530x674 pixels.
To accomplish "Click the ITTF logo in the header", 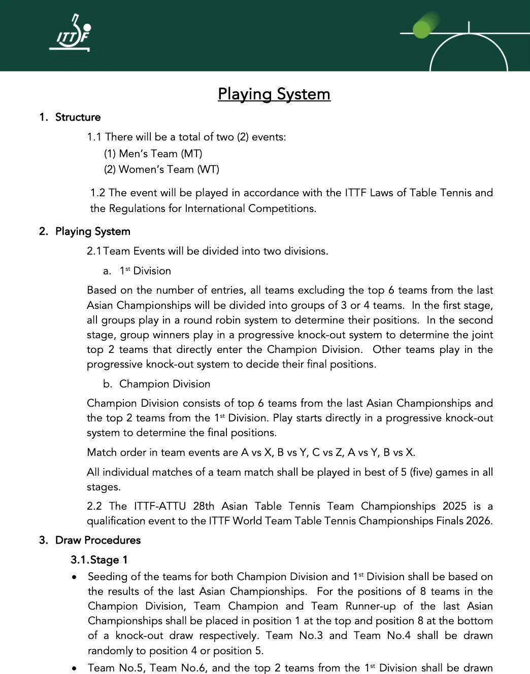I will tap(71, 33).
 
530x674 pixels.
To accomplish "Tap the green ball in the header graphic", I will tap(422, 29).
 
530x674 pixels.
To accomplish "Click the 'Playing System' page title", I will tap(274, 94).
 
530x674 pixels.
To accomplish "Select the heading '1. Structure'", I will tap(70, 117).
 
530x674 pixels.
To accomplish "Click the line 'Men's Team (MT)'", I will tap(153, 153).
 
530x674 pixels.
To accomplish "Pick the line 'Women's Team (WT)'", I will tap(162, 169).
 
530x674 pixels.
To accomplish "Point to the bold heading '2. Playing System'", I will tap(85, 231).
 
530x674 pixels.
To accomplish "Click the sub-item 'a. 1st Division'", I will tap(137, 271).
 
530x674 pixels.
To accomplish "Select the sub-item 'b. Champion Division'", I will tap(157, 384).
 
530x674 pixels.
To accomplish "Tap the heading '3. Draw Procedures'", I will tap(90, 540).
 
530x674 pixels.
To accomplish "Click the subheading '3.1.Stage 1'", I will tap(99, 560).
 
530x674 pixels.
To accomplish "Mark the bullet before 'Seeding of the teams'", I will tap(75, 577).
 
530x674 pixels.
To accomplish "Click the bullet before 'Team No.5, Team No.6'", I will tap(75, 668).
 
